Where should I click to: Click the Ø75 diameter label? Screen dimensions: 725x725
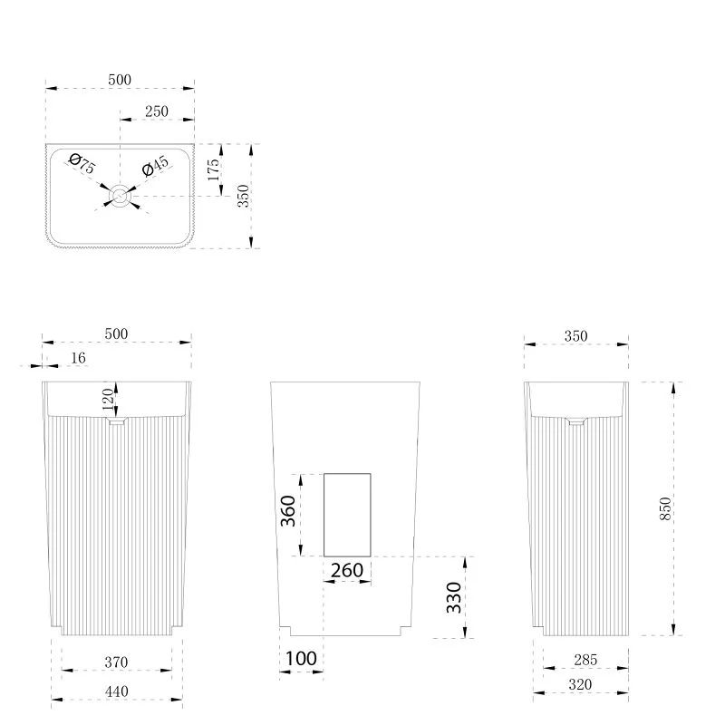pyautogui.click(x=82, y=164)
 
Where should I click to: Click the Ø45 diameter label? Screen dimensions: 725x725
pyautogui.click(x=156, y=166)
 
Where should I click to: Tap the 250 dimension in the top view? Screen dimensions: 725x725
pyautogui.click(x=157, y=111)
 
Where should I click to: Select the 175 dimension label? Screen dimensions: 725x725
pyautogui.click(x=213, y=169)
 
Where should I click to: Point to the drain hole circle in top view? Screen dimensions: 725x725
pyautogui.click(x=121, y=196)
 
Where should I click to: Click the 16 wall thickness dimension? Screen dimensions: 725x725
pyautogui.click(x=78, y=358)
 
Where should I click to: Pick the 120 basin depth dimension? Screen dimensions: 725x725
pyautogui.click(x=108, y=400)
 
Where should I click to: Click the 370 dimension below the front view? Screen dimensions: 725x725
pyautogui.click(x=116, y=662)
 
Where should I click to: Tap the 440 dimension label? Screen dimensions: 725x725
pyautogui.click(x=116, y=691)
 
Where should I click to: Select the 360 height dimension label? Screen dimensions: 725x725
pyautogui.click(x=287, y=511)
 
